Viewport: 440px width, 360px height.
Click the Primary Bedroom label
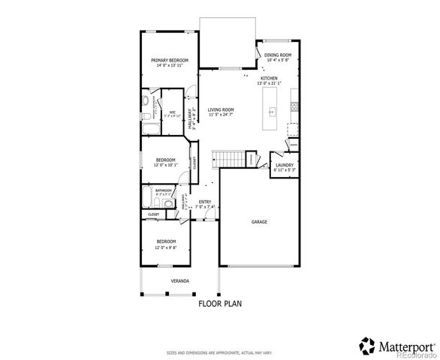coord(169,60)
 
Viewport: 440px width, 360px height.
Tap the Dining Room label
coord(277,55)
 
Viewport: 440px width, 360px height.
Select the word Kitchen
coord(270,78)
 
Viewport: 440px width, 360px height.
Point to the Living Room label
coord(221,109)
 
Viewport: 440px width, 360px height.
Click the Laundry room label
coord(284,164)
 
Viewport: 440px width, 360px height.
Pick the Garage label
coord(259,221)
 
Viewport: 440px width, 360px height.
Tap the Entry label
coord(204,201)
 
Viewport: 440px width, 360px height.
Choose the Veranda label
coord(179,280)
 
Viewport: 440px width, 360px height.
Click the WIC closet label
coord(172,112)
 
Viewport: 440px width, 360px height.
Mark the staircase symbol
coord(228,159)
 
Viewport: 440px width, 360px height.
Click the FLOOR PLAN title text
coord(220,304)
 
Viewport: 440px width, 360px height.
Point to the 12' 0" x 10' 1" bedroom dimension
coord(166,164)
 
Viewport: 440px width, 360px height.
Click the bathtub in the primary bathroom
coord(147,128)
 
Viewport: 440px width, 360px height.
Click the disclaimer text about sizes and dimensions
coord(219,351)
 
